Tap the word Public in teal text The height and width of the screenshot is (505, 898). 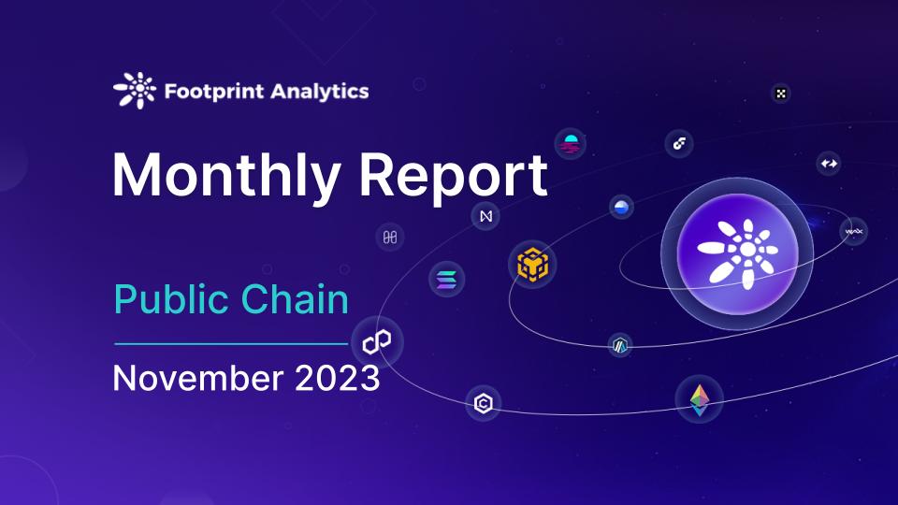point(171,299)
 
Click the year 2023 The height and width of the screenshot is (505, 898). point(338,378)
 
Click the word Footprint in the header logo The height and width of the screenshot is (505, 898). point(214,92)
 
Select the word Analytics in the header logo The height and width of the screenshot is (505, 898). point(320,92)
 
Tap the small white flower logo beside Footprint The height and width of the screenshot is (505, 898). point(135,91)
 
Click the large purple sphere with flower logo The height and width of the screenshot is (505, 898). point(738,253)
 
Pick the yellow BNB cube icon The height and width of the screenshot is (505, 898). point(532,264)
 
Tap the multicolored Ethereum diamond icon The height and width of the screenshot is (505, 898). point(700,399)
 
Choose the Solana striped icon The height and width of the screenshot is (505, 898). point(447,280)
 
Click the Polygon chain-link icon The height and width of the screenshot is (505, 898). point(377,342)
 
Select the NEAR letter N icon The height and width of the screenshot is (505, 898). point(485,216)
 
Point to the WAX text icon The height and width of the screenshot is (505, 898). point(853,232)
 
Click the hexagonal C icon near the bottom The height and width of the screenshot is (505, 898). point(484,404)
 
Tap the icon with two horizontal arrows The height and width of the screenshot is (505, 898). point(829,163)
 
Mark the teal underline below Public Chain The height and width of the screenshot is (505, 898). point(231,344)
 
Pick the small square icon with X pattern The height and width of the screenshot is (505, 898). point(780,94)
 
